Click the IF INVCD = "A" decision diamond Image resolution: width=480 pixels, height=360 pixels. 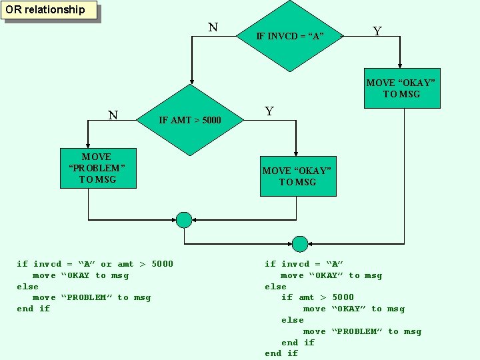click(289, 35)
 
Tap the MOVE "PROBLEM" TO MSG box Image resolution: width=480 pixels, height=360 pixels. click(97, 168)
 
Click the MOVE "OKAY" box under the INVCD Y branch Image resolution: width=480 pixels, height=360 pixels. click(401, 88)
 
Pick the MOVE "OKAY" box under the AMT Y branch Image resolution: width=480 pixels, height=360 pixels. click(297, 176)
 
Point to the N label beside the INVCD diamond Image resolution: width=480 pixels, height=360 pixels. click(212, 27)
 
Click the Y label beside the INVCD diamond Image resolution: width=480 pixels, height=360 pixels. click(377, 31)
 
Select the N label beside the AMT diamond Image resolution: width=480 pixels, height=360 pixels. click(113, 115)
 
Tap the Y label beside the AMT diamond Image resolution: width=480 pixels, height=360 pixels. click(269, 111)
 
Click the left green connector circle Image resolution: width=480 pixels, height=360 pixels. click(184, 219)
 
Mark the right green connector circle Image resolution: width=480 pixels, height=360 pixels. click(300, 243)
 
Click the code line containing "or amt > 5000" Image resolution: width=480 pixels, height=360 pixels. click(95, 264)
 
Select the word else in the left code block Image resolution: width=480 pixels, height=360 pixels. click(28, 287)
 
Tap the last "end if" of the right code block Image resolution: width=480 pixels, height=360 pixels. click(281, 353)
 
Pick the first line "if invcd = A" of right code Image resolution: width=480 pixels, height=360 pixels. click(304, 264)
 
